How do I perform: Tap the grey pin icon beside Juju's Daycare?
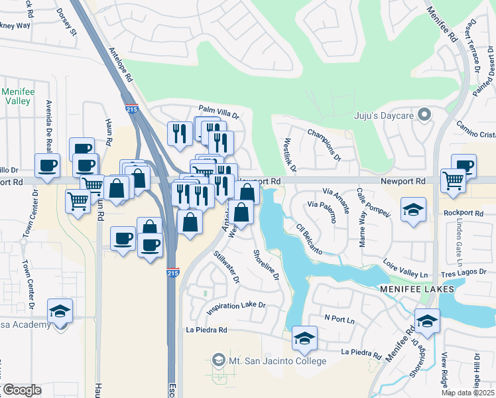[x=426, y=116]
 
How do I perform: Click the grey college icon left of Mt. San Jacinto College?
[x=217, y=361]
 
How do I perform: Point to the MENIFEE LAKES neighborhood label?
[x=416, y=290]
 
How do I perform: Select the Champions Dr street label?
[x=324, y=145]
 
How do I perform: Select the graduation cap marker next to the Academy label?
[x=60, y=310]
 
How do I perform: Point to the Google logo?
[x=22, y=390]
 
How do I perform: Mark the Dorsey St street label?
[x=67, y=22]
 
